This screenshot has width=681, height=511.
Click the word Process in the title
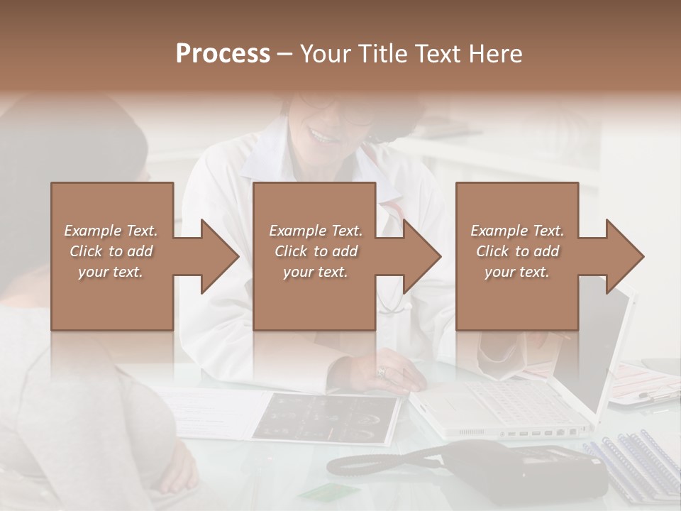223,54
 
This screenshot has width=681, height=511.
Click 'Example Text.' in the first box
111,231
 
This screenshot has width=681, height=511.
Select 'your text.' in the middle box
315,272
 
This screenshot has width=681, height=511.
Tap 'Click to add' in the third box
518,251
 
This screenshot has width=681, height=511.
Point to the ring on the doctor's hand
381,371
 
